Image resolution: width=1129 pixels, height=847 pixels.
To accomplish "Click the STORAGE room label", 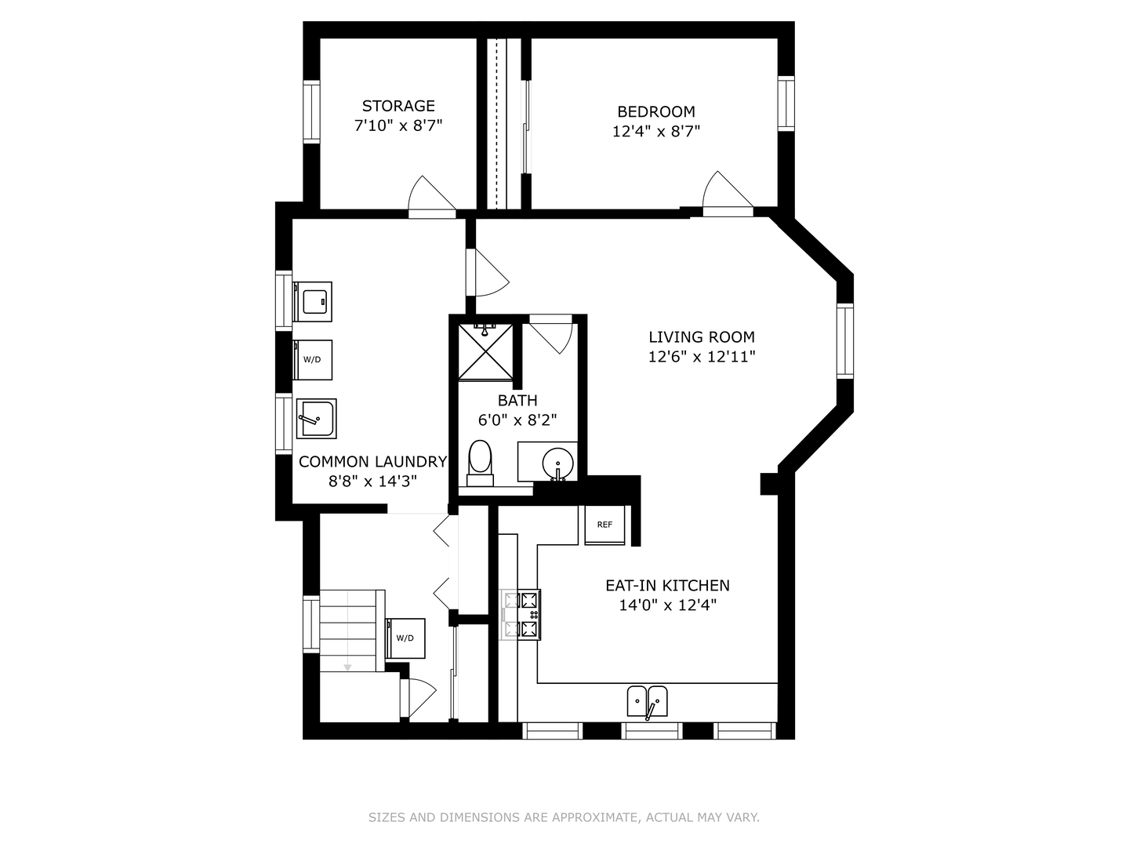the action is pos(398,106).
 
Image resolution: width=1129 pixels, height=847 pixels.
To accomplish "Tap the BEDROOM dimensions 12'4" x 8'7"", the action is pos(655,132).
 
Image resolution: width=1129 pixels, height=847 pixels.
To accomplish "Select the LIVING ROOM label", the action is pos(702,337).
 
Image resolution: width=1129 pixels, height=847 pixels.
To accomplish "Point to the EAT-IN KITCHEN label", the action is pos(667,585).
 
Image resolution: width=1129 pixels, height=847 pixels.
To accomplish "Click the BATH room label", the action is pos(517,400).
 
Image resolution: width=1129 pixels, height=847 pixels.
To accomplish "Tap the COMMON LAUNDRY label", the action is pos(372,462).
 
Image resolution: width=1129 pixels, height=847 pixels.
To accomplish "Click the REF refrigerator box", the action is pos(604,525).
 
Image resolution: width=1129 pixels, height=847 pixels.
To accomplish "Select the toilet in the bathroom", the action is pos(480,463).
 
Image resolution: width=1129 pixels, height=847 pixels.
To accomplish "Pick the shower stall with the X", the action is pos(485,352).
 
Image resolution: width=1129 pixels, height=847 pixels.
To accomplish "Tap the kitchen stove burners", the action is pos(529,615).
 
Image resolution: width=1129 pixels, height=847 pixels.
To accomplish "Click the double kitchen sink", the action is pos(647,701).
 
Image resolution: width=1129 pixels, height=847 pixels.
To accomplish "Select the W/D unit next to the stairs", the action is pos(405,638).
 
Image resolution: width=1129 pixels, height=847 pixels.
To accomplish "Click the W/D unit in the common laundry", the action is pos(312,359).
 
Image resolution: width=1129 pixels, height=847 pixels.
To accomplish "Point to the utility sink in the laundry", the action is pos(316,419).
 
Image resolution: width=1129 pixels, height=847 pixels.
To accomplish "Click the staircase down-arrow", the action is pos(347,667).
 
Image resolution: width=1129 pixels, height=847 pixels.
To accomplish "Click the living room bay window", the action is pos(844,341).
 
